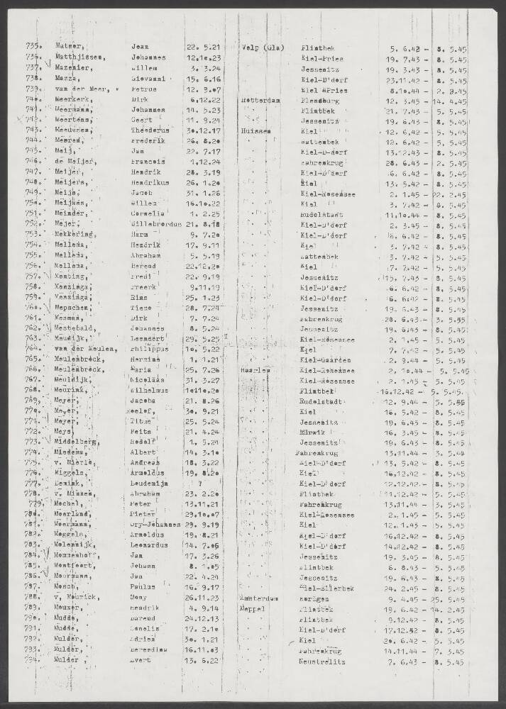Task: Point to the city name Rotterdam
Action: [262, 101]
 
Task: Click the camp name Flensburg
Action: [321, 101]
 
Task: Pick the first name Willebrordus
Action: [156, 225]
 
